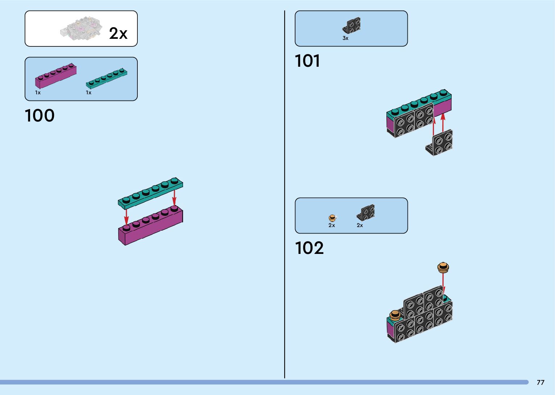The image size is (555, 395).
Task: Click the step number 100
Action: tap(40, 116)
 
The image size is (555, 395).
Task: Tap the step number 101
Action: tap(307, 61)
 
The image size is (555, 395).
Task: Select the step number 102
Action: tap(309, 248)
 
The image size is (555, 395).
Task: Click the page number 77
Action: tap(540, 382)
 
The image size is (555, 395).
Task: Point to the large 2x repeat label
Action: tap(118, 33)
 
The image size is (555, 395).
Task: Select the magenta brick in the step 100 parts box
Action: tap(55, 75)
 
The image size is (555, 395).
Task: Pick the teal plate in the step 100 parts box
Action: tap(106, 78)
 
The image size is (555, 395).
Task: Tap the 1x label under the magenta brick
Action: tap(38, 93)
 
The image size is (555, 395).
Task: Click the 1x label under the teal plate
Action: tap(88, 93)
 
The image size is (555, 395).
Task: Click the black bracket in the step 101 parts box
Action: tap(351, 26)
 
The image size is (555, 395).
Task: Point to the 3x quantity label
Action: tap(345, 38)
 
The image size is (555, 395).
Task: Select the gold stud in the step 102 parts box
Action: tap(332, 218)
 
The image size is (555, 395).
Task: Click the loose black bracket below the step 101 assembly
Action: tap(440, 143)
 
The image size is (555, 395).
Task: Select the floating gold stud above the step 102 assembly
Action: tap(443, 268)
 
